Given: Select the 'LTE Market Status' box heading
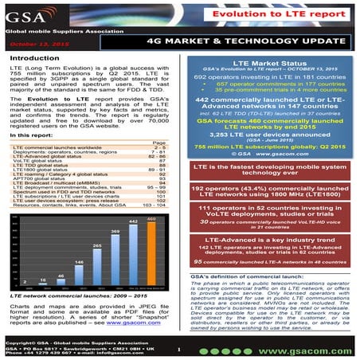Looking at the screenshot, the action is pos(270,61).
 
